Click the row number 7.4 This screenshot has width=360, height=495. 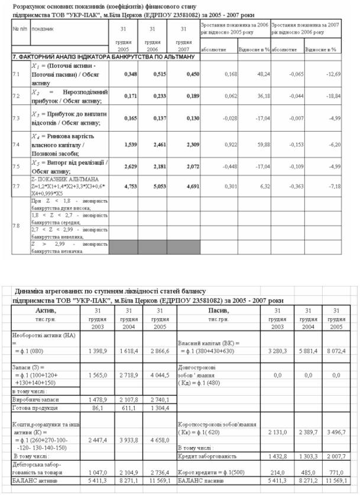16,144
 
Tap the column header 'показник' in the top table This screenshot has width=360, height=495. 42,28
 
